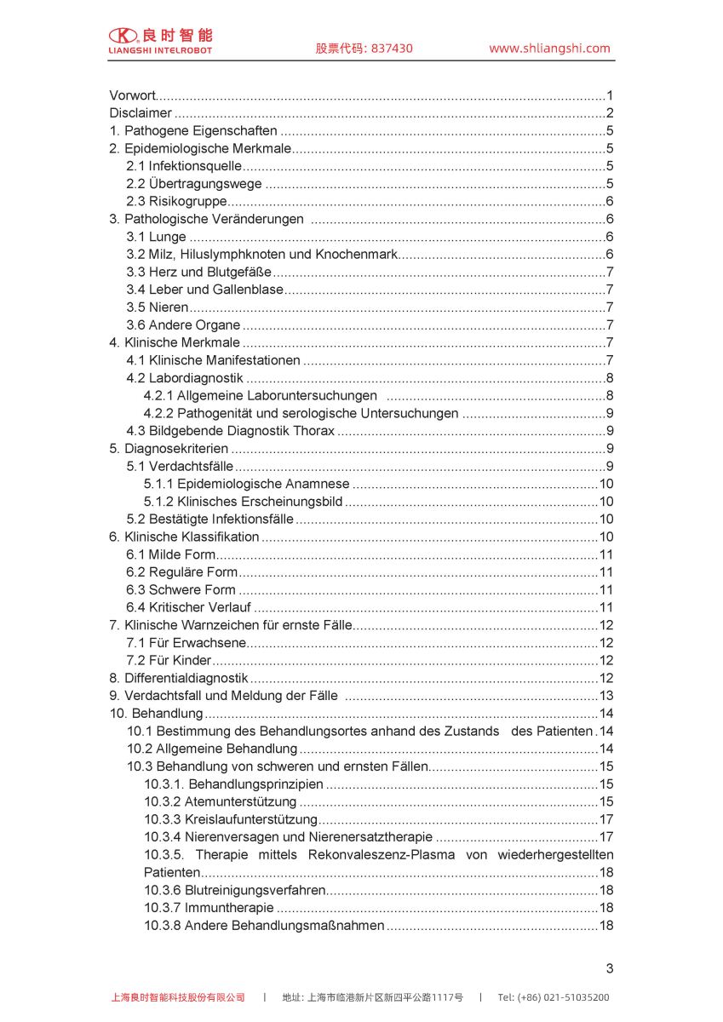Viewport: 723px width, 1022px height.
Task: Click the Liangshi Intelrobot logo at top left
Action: (160, 40)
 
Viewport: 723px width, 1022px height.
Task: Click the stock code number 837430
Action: (390, 49)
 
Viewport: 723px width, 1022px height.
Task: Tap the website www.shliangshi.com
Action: (549, 49)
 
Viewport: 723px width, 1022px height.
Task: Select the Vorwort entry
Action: (133, 95)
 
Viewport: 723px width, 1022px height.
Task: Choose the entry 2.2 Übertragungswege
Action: (194, 184)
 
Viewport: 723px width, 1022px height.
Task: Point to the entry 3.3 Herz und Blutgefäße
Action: (199, 273)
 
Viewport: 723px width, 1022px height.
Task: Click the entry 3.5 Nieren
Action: (158, 307)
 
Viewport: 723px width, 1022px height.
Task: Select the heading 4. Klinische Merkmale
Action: (175, 342)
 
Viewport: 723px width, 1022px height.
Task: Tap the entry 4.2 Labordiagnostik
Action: (185, 378)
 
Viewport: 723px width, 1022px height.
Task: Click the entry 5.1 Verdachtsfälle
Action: (180, 466)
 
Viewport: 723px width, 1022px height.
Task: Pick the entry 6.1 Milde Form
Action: (171, 554)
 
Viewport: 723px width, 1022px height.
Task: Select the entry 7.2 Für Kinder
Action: (169, 660)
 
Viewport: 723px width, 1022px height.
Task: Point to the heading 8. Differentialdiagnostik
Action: (179, 678)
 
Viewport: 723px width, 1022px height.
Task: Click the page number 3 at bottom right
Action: (609, 968)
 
